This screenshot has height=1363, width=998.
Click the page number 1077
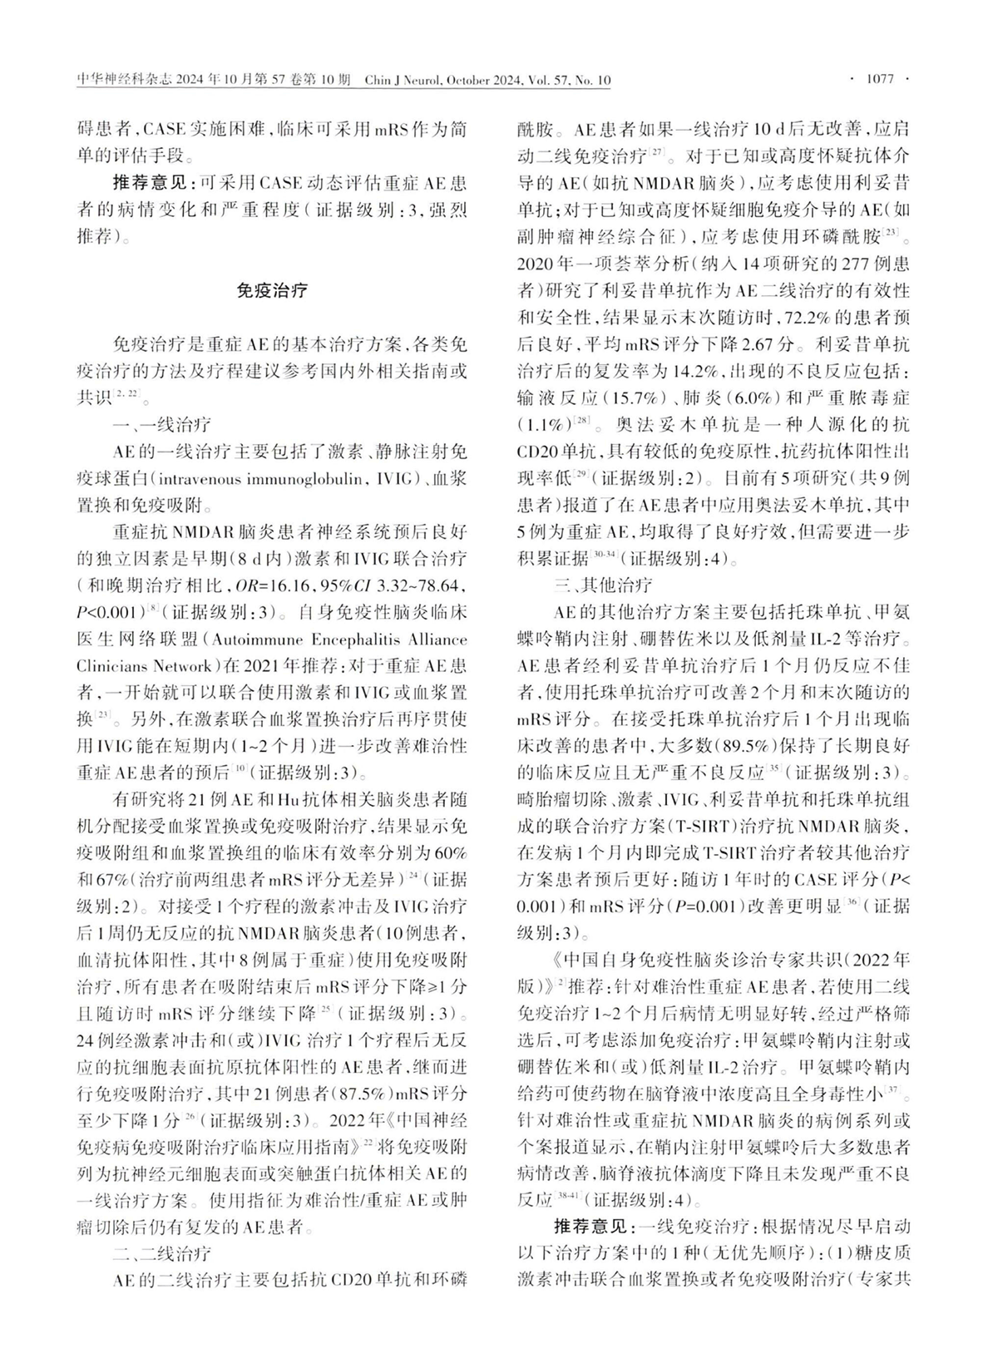(879, 79)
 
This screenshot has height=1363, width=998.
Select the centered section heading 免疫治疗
(272, 290)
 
